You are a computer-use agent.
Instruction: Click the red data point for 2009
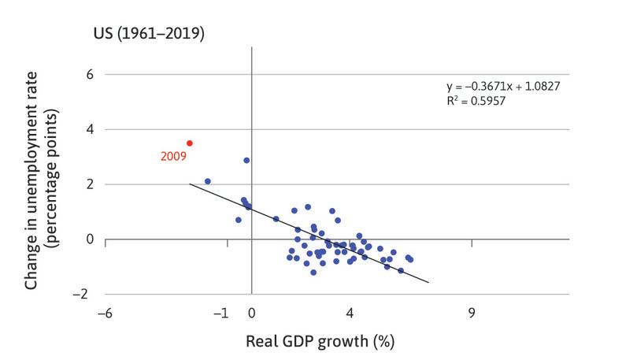tap(190, 143)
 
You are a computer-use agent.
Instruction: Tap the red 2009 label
tap(172, 157)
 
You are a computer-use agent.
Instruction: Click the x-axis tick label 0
tap(251, 313)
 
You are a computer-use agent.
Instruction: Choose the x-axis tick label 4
tap(350, 313)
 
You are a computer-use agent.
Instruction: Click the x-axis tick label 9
tap(472, 313)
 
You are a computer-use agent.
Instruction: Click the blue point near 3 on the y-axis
tap(246, 160)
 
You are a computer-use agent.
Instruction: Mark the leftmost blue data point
tap(208, 181)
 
